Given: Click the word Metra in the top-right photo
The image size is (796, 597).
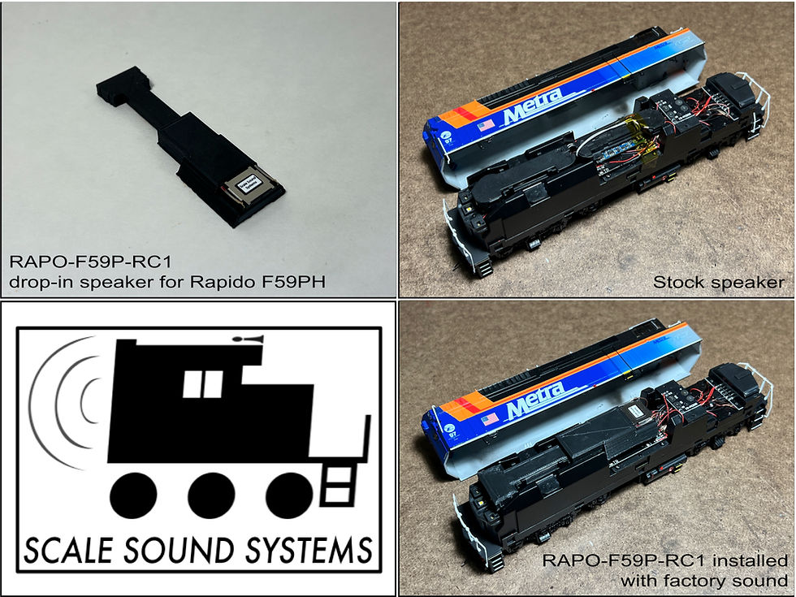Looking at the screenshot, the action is [x=532, y=107].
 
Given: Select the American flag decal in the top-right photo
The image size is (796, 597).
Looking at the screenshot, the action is [x=486, y=126].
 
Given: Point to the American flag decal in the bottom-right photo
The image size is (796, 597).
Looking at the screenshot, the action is [x=489, y=419].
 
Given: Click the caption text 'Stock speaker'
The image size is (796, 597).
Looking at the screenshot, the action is [x=718, y=283].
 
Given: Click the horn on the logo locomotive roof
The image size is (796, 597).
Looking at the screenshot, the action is [x=247, y=337].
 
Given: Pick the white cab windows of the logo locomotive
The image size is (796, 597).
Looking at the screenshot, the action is [x=202, y=384].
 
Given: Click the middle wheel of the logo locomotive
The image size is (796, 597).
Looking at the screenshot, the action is [x=211, y=495].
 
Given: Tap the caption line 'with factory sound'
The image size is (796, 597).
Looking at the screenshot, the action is [x=703, y=580].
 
